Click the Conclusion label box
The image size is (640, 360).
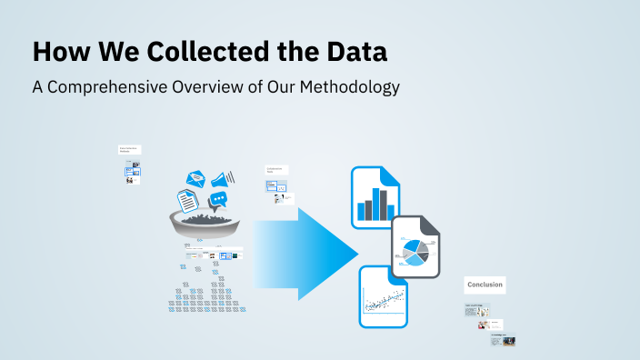pyautogui.click(x=485, y=285)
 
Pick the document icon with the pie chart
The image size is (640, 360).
pyautogui.click(x=417, y=247)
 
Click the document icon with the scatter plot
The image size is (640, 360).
pyautogui.click(x=383, y=296)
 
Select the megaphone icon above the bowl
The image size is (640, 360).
pyautogui.click(x=223, y=178)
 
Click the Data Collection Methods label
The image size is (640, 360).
pyautogui.click(x=128, y=150)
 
